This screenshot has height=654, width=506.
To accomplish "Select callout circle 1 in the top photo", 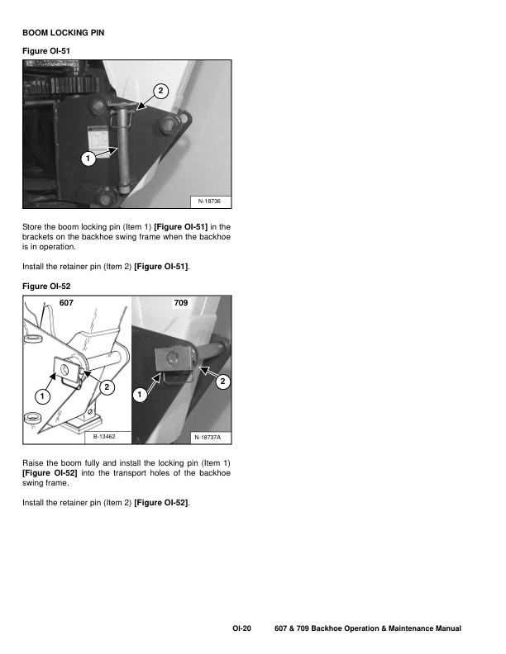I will pos(86,158).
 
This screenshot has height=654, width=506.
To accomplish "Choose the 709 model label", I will pos(181,304).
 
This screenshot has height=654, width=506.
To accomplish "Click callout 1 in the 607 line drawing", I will pos(41,396).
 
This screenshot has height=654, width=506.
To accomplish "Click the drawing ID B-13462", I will pos(103,435).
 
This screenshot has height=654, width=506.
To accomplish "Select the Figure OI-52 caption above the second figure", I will pos(44,286).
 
